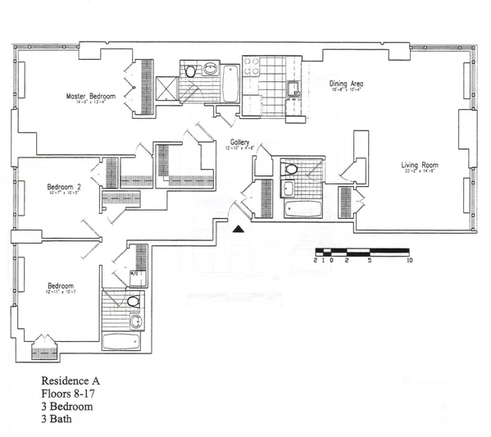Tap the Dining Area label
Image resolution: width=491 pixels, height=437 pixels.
346,84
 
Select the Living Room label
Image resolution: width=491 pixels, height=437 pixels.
420,166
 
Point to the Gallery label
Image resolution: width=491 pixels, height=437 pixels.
239,142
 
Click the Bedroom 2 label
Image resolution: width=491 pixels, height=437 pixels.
64,186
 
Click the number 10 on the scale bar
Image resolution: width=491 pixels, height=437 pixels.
409,260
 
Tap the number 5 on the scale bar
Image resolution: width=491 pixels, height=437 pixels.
370,260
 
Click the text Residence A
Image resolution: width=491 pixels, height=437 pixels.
70,382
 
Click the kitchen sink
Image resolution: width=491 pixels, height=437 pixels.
293,89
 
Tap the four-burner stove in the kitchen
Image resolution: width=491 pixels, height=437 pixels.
252,66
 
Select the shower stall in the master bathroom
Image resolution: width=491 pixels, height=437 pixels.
167,89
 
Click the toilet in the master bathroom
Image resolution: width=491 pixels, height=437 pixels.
192,71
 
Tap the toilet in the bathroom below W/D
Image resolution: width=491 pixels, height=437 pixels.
134,302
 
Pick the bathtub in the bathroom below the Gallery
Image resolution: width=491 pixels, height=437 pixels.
302,209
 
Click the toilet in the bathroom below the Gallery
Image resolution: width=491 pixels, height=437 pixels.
291,170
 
